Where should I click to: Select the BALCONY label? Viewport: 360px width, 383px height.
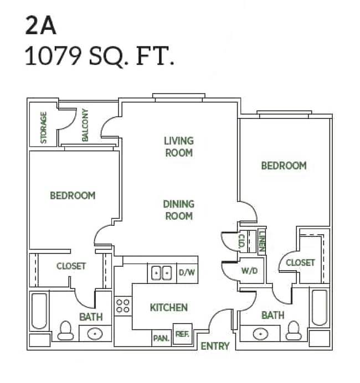(x=85, y=125)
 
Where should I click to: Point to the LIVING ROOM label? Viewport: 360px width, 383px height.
(x=178, y=147)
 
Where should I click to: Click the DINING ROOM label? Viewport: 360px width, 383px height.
(x=178, y=210)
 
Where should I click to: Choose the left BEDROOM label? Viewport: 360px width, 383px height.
(x=72, y=195)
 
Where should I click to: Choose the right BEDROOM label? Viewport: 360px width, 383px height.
(x=284, y=165)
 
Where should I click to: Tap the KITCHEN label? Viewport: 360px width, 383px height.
(x=168, y=307)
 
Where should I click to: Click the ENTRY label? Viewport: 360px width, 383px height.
(x=214, y=346)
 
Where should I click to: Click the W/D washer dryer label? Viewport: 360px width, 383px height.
(x=249, y=271)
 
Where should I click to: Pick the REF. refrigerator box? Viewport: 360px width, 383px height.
(x=182, y=334)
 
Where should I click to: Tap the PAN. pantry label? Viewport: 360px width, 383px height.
(x=161, y=337)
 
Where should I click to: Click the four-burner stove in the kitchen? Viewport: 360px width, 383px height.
(x=123, y=306)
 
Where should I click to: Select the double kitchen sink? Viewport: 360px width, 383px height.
(x=161, y=273)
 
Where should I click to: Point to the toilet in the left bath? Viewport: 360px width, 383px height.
(x=66, y=330)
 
